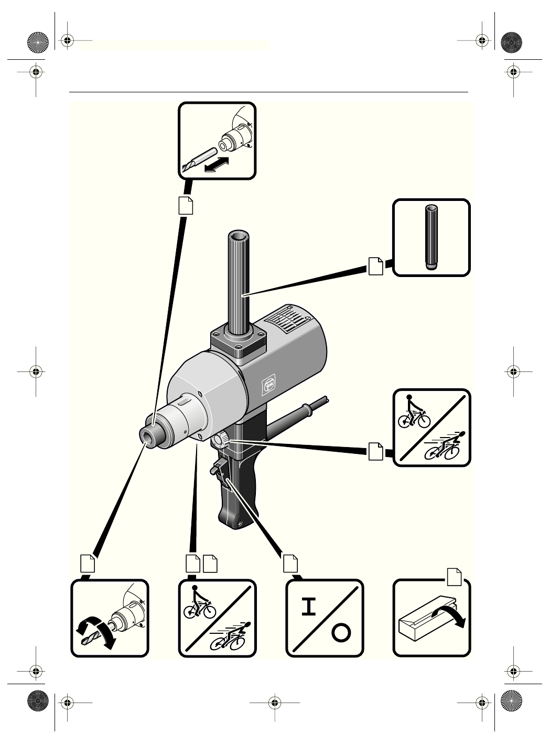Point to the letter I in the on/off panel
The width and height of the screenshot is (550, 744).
click(311, 607)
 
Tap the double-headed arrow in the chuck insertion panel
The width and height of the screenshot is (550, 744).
click(217, 164)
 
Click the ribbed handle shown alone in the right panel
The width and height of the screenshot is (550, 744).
click(430, 237)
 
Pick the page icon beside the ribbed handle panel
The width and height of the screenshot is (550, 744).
click(375, 266)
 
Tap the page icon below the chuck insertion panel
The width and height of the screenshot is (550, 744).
click(186, 205)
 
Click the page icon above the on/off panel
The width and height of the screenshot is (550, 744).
click(290, 562)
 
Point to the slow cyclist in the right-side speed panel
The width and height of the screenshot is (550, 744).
click(414, 413)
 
